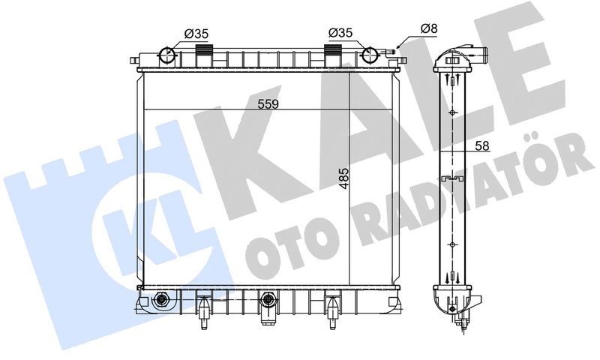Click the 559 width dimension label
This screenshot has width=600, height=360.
coord(268,103)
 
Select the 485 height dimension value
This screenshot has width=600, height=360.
coord(344,178)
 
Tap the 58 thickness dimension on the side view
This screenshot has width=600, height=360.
coord(482,145)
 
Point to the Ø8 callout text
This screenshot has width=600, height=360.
coord(429,28)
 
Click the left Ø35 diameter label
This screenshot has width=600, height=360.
coord(196,34)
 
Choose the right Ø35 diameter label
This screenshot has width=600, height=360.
coord(340,33)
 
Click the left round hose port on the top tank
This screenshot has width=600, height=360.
coord(166,55)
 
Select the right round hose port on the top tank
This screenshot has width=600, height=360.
coord(370,55)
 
